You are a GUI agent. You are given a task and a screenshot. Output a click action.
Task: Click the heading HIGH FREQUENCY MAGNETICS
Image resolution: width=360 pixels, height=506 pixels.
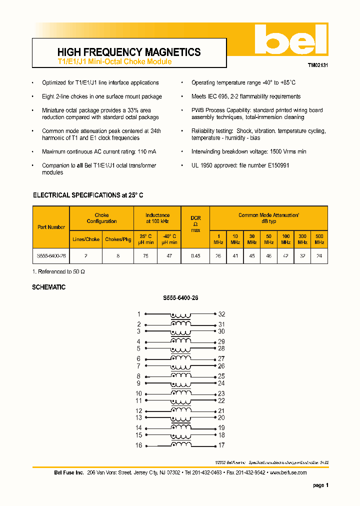click(x=129, y=52)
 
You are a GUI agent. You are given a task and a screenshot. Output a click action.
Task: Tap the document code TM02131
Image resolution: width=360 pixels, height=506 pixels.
click(x=317, y=65)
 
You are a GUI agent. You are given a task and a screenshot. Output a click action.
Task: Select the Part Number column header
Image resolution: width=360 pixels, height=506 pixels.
click(x=51, y=227)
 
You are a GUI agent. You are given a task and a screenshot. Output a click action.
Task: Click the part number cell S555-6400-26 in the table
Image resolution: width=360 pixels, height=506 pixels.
click(x=51, y=255)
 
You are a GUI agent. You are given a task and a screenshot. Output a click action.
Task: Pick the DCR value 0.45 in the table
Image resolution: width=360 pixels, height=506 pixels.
click(x=195, y=255)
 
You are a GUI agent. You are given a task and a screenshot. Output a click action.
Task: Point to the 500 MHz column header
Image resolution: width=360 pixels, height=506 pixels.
click(x=319, y=239)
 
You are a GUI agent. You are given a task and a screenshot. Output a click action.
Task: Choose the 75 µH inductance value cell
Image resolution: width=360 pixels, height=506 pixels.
click(x=145, y=255)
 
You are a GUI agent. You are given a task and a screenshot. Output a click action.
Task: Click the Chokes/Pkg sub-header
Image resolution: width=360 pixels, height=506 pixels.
click(x=118, y=239)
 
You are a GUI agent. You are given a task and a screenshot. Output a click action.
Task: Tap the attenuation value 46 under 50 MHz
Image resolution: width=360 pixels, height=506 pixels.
click(x=268, y=255)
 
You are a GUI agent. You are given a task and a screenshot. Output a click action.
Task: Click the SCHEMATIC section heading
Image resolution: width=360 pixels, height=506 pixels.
click(x=48, y=287)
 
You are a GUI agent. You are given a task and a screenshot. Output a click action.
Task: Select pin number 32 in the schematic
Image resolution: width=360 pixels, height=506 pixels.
click(x=221, y=314)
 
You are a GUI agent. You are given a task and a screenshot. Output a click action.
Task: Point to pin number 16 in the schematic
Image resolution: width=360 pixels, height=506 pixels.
click(x=138, y=445)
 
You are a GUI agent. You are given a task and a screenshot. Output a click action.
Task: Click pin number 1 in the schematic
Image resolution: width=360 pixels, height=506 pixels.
click(x=138, y=314)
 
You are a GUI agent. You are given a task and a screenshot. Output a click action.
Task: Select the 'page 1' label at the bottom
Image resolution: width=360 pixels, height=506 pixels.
click(x=320, y=485)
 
